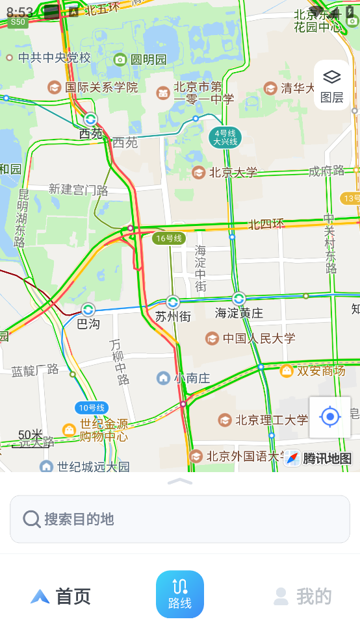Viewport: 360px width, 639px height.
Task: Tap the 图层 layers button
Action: pos(332,85)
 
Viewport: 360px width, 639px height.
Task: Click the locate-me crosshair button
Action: pos(330,417)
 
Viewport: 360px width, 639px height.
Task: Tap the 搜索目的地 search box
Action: pos(180,519)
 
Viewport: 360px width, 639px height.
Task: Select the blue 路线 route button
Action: pos(180,594)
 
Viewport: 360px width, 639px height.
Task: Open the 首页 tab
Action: pos(61,596)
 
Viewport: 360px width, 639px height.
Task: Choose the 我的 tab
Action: pos(303,596)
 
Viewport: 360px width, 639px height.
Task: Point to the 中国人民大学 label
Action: pos(259,338)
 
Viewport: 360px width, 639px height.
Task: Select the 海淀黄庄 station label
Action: pos(239,313)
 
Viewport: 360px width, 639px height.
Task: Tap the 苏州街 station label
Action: pos(173,316)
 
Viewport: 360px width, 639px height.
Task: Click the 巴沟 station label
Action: pos(88,322)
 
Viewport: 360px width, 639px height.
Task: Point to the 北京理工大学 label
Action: pos(271,420)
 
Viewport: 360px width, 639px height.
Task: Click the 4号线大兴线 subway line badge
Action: pos(225,137)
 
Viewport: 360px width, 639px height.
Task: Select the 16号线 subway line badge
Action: pos(168,238)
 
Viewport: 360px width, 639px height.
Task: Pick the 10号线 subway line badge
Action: pos(91,408)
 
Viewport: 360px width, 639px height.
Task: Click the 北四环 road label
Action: pos(266,225)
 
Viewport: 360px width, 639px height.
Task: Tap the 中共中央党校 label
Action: pos(54,58)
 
